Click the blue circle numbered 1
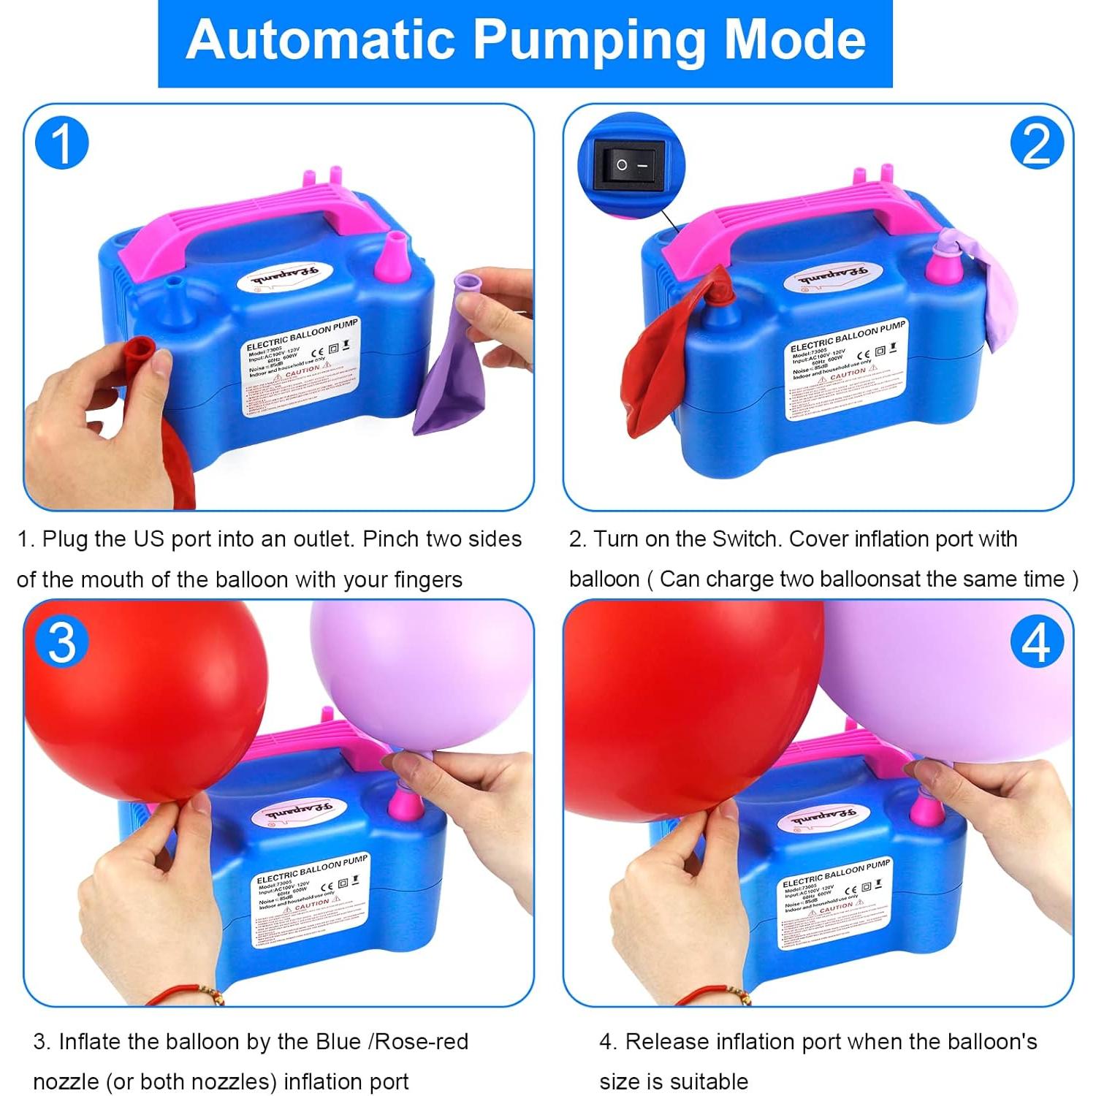coord(62,143)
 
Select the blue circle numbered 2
coord(1036,143)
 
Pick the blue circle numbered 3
coord(62,643)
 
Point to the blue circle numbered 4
coord(1036,643)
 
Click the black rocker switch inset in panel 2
coord(629,165)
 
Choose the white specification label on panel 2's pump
coord(848,373)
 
